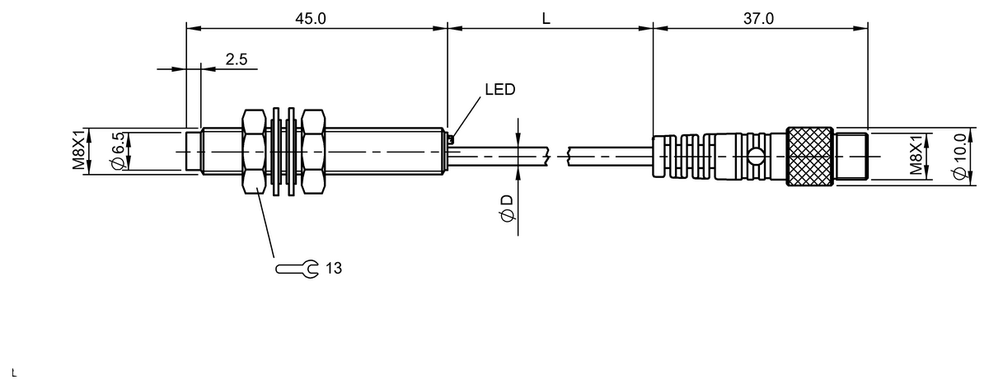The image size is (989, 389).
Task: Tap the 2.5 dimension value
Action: click(x=237, y=59)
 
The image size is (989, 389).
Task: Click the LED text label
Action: click(x=499, y=90)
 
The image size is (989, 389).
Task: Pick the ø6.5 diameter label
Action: click(x=119, y=152)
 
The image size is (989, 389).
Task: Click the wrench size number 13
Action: click(x=333, y=269)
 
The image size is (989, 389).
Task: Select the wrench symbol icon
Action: click(x=297, y=269)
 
